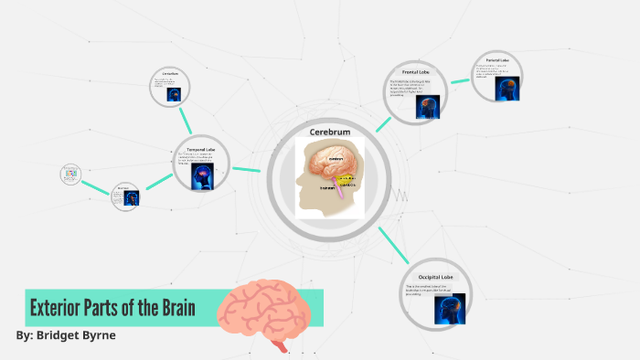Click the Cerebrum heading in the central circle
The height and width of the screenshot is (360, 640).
[330, 132]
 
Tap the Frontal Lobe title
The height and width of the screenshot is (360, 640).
[416, 71]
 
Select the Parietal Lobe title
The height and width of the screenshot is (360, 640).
[496, 60]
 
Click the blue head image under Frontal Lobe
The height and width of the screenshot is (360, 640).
[425, 107]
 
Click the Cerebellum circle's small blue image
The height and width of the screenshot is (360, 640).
[173, 92]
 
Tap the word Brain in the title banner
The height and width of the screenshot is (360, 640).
[174, 307]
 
